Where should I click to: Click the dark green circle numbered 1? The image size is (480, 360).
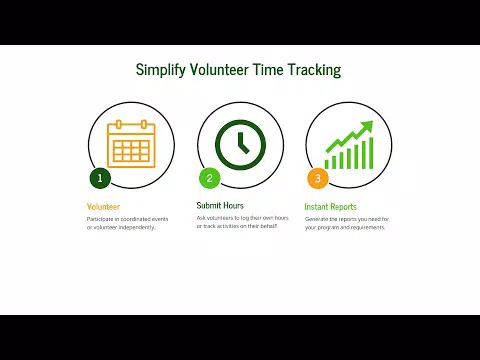pyautogui.click(x=99, y=179)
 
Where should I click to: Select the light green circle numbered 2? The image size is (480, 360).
pyautogui.click(x=209, y=179)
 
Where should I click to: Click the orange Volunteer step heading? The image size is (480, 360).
pyautogui.click(x=103, y=207)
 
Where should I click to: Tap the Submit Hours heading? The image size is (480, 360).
pyautogui.click(x=220, y=206)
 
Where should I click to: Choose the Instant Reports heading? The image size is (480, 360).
pyautogui.click(x=330, y=207)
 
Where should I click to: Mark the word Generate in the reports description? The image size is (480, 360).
pyautogui.click(x=318, y=218)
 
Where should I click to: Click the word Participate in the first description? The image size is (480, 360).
pyautogui.click(x=100, y=218)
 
